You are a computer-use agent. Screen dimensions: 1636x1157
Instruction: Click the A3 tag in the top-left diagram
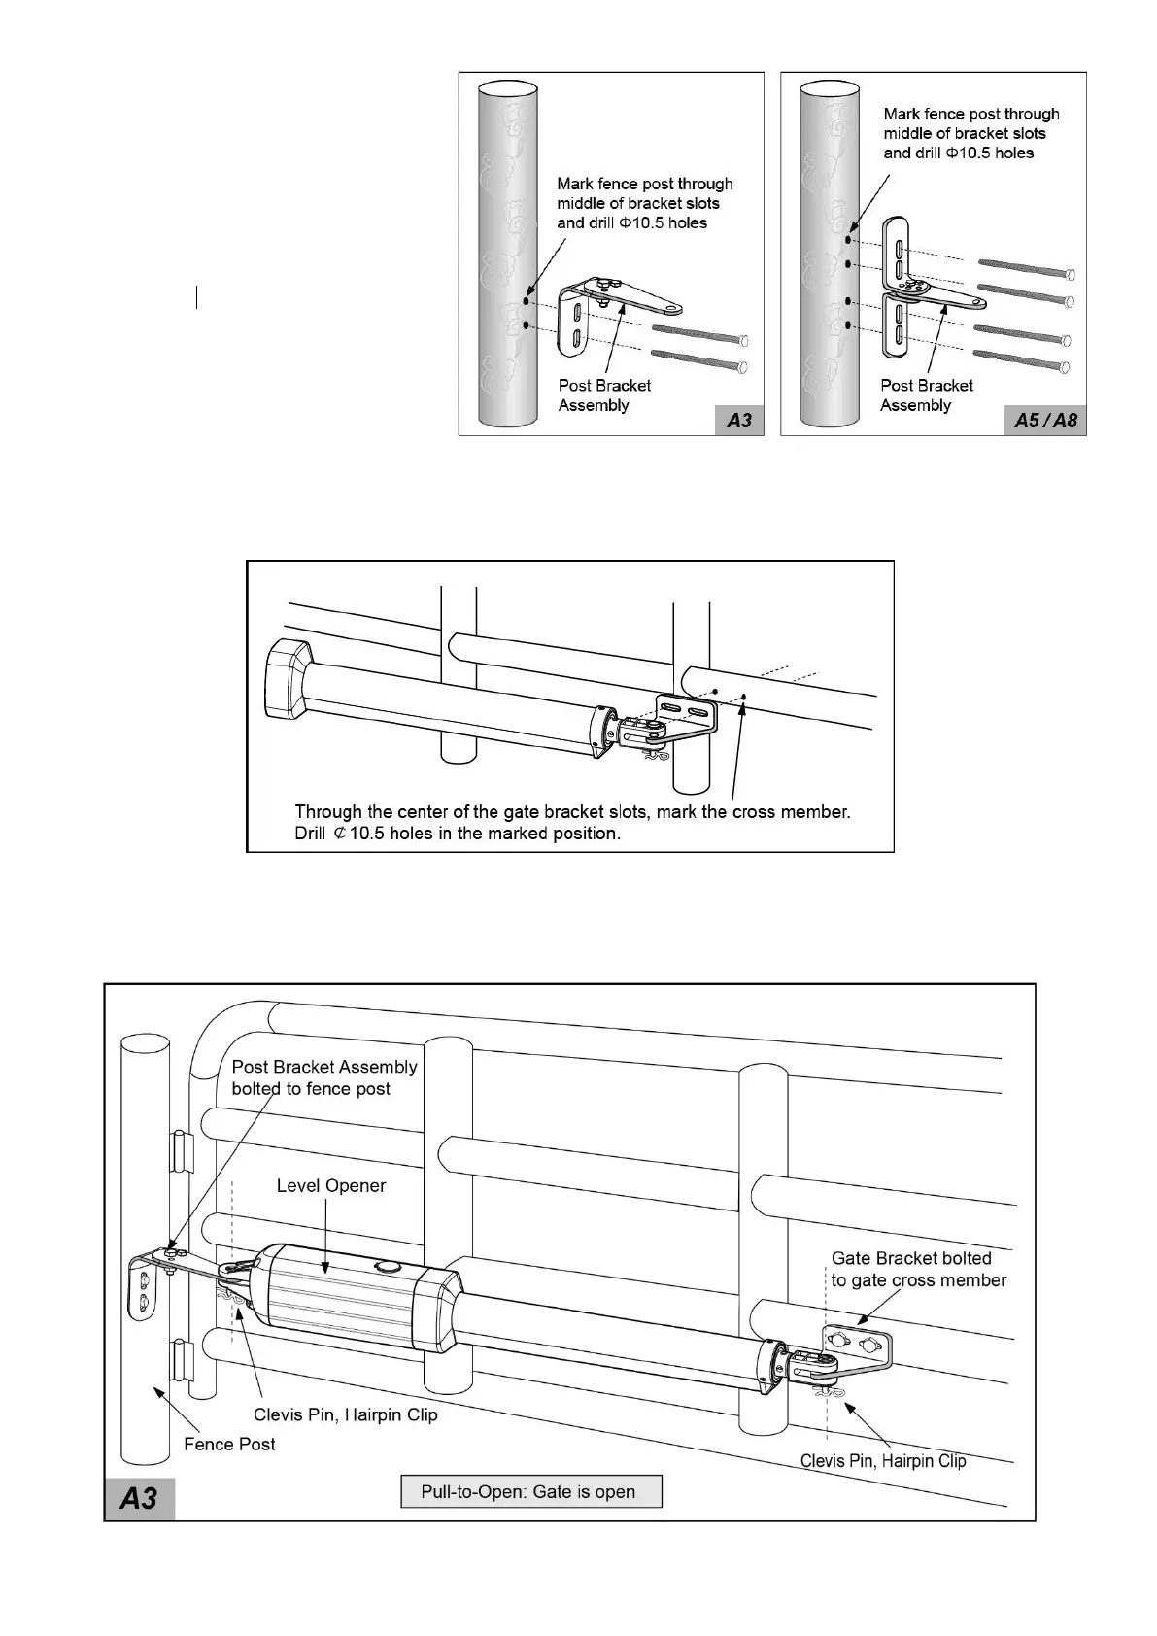coord(739,420)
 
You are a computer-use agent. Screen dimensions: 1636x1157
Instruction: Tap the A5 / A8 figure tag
coord(1045,420)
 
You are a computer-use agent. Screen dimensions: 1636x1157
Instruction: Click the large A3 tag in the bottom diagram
coord(139,1497)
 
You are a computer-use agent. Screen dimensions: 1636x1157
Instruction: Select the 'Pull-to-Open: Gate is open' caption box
coord(530,1491)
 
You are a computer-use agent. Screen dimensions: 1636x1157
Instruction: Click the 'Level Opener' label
coord(331,1185)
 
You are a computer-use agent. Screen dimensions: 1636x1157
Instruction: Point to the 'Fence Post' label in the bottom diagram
coord(229,1445)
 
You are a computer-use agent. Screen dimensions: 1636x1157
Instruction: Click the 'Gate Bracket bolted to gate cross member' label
coord(918,1269)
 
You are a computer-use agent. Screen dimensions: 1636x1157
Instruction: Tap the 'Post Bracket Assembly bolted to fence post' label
coord(324,1077)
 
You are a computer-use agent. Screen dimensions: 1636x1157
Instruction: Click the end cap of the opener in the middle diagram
coord(287,679)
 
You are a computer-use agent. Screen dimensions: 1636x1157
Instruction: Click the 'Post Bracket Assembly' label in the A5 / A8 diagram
coord(926,395)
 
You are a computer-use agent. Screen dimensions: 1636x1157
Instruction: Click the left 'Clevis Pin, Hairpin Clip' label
coord(346,1414)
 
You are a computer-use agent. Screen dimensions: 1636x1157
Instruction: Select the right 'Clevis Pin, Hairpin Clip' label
coord(883,1460)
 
